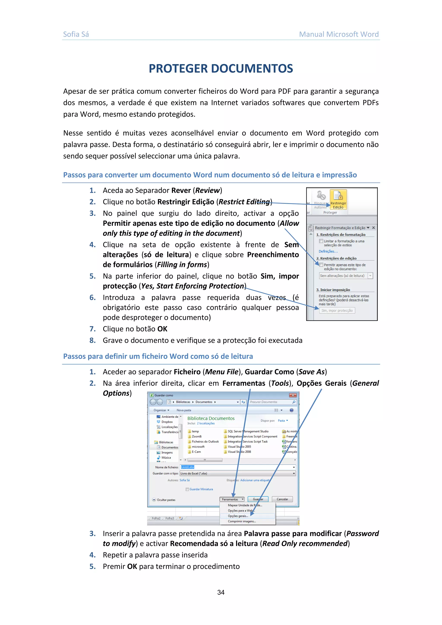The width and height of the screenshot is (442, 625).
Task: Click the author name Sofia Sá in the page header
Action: click(x=76, y=34)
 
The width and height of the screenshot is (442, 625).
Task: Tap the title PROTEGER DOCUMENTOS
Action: click(x=221, y=69)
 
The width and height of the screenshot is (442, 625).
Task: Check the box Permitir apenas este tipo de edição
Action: click(x=321, y=265)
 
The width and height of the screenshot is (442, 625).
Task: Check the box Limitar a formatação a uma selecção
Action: click(x=321, y=241)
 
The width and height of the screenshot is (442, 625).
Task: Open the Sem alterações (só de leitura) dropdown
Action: click(x=370, y=276)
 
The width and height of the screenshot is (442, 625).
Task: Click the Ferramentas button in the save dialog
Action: click(x=232, y=499)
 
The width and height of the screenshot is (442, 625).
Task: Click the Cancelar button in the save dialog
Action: click(x=282, y=499)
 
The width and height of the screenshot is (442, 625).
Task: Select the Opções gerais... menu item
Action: click(x=238, y=516)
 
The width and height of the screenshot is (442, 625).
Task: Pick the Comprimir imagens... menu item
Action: click(x=242, y=521)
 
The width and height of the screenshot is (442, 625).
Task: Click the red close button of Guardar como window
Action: click(x=293, y=395)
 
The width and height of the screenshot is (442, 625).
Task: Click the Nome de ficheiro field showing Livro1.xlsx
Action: click(x=237, y=467)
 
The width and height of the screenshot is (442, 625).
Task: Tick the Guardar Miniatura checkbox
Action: click(x=187, y=489)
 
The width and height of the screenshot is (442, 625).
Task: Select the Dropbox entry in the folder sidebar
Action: click(x=167, y=422)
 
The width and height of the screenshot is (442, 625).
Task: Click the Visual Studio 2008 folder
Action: click(x=239, y=452)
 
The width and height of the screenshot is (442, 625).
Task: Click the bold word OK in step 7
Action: click(x=163, y=329)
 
